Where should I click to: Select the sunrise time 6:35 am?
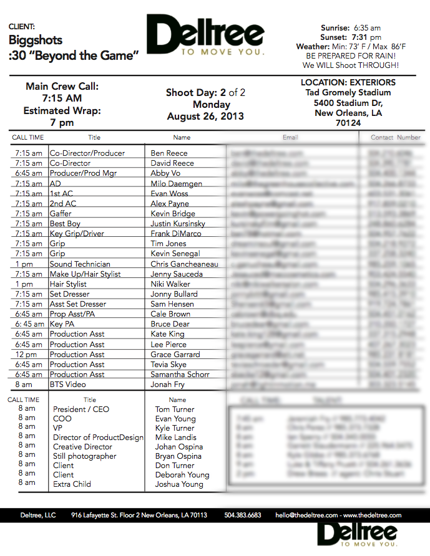point(367,28)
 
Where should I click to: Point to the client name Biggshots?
point(35,40)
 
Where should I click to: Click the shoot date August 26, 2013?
point(205,116)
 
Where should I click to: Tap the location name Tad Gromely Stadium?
point(348,92)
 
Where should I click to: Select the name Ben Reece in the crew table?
point(169,153)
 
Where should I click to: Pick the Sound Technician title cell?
point(80,264)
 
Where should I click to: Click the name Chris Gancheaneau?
point(184,264)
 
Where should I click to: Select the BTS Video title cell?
point(68,385)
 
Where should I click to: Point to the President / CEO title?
point(81,410)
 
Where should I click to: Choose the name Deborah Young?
point(182,475)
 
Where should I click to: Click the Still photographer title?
point(84,456)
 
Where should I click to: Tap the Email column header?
point(290,137)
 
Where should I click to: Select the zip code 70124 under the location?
point(348,123)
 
